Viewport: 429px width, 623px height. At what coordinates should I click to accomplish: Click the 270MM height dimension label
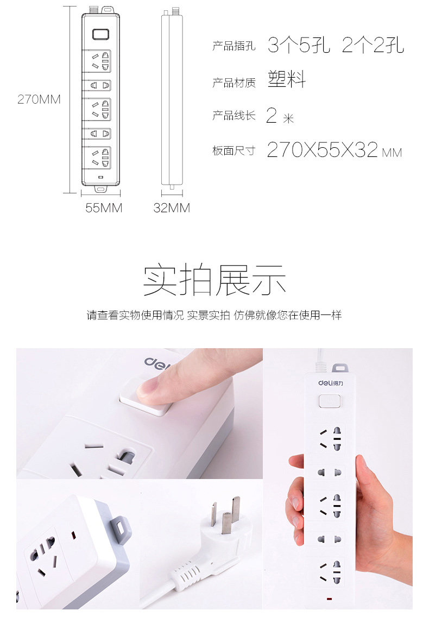pos(39,99)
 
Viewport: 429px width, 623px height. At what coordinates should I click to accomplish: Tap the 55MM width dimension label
pos(104,208)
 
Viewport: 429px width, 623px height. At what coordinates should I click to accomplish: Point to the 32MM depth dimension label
pos(172,208)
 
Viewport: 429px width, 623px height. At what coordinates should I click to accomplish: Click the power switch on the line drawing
pos(101,34)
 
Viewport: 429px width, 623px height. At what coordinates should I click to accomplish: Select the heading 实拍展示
pos(214,280)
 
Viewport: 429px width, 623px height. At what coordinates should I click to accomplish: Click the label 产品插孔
pos(234,46)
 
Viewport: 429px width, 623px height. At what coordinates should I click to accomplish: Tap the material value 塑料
pos(287,79)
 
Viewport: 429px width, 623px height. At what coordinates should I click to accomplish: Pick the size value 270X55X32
pos(322,150)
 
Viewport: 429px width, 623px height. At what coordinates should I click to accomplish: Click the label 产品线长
pos(234,116)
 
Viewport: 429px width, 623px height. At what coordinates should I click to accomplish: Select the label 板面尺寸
pos(234,151)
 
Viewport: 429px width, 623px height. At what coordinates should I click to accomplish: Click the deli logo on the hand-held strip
pos(331,383)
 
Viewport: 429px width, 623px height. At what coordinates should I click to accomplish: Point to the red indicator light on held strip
pos(329,599)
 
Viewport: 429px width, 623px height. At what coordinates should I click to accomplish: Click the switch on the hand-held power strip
pos(330,401)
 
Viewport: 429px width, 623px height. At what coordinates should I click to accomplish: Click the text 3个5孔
pos(299,45)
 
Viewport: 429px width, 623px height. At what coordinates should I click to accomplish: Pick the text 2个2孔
pos(373,45)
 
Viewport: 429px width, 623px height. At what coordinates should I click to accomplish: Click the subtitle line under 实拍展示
pos(214,315)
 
